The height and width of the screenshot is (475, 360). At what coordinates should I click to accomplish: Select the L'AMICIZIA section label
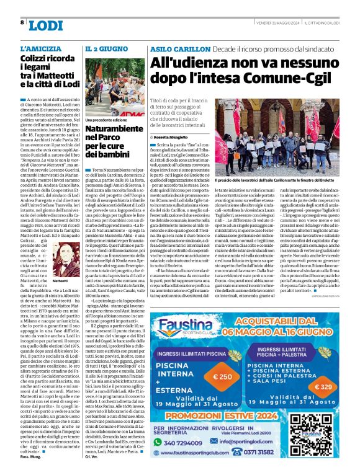[41, 48]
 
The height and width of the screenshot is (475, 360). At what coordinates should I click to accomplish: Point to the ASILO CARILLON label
[171, 48]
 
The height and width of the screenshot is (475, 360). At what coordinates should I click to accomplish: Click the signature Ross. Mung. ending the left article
[31, 464]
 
